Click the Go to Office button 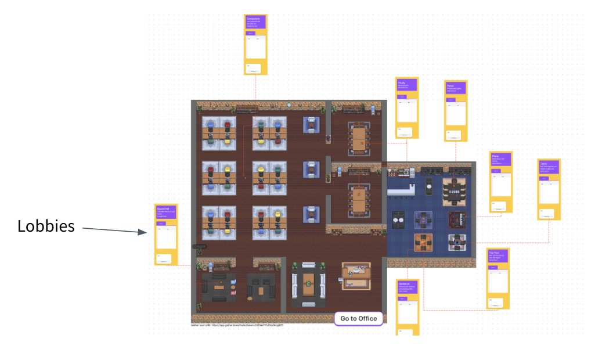point(358,318)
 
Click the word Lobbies point(46,226)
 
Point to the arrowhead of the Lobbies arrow point(144,232)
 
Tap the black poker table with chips point(455,191)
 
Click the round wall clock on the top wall point(289,105)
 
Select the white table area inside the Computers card point(255,46)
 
